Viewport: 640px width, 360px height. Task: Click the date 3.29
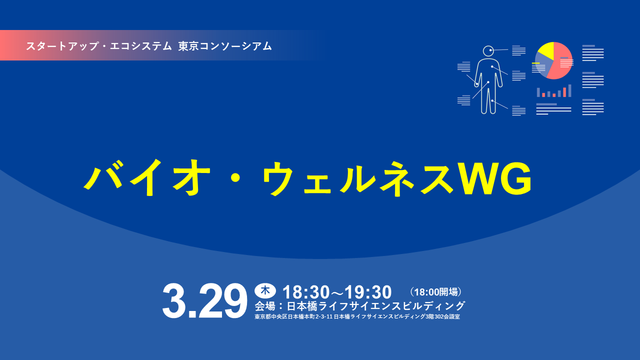pyautogui.click(x=204, y=301)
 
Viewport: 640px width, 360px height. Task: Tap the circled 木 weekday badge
pyautogui.click(x=265, y=290)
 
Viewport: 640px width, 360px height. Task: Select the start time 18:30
pyautogui.click(x=304, y=292)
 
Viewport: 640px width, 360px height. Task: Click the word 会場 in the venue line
pyautogui.click(x=265, y=305)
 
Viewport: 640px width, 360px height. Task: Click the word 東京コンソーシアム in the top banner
pyautogui.click(x=225, y=46)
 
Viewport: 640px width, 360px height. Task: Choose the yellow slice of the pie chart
pyautogui.click(x=545, y=49)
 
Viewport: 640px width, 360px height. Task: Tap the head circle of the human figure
pyautogui.click(x=488, y=50)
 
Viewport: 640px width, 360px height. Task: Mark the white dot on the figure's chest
pyautogui.click(x=492, y=66)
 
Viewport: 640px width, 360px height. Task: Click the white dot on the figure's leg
pyautogui.click(x=492, y=101)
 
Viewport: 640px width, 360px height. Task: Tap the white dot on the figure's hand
pyautogui.click(x=476, y=84)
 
